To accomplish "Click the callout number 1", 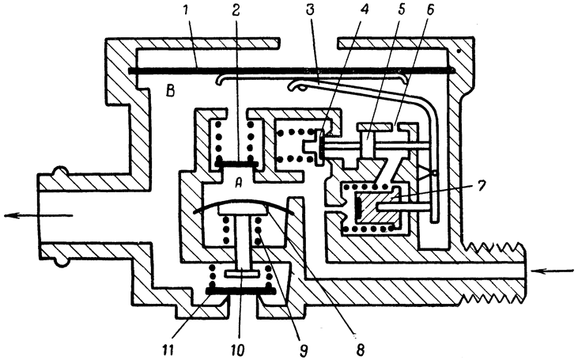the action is [186, 10].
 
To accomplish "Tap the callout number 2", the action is [236, 10].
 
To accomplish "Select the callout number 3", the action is [310, 10].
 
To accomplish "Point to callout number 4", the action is [365, 10].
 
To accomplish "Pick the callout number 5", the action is [402, 10].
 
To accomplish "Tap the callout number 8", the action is [360, 349].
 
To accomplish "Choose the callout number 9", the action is [304, 349].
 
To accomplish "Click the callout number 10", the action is [238, 349].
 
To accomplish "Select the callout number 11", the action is [170, 349].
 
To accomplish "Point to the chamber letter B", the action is [170, 91].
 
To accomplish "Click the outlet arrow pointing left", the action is [38, 215].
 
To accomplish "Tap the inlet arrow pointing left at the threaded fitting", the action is [552, 272].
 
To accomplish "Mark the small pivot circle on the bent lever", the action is [435, 173].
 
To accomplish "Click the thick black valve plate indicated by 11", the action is [240, 291].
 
